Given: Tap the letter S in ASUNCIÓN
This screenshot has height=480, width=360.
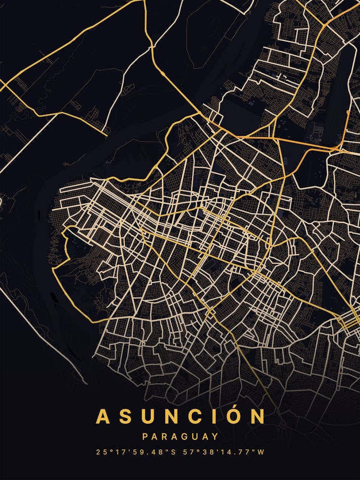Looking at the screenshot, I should click(x=126, y=417).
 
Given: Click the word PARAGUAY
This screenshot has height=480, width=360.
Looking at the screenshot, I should click(x=180, y=437).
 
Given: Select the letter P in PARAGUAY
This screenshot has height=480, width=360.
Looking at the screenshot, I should click(x=145, y=437).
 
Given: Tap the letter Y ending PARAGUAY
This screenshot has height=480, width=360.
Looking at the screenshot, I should click(x=215, y=437).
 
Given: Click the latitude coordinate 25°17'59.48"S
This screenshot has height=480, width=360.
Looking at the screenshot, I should click(x=135, y=452).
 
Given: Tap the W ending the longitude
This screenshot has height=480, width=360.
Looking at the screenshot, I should click(x=261, y=452).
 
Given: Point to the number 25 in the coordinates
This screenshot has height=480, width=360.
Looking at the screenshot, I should click(x=100, y=452).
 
